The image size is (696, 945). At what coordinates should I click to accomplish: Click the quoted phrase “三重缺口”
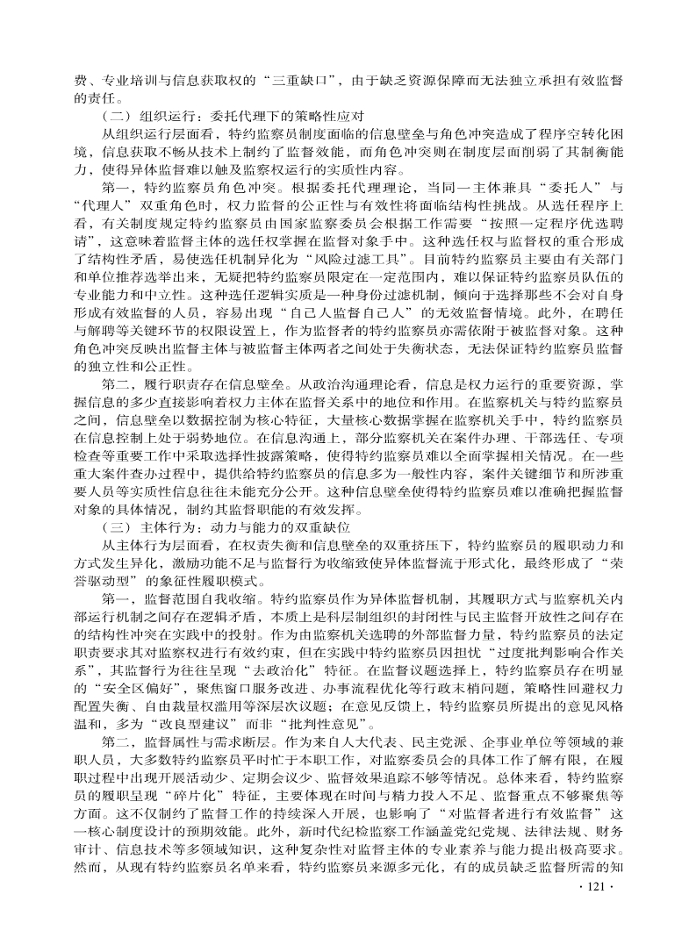[x=304, y=80]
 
